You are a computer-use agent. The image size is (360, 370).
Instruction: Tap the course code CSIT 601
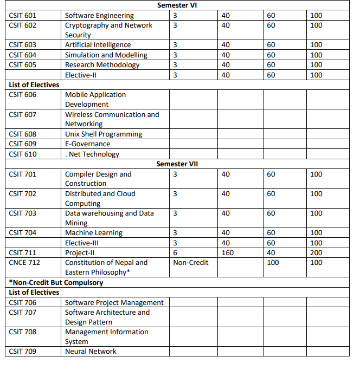[x=23, y=15]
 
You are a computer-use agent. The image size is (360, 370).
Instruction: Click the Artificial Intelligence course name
[x=98, y=45]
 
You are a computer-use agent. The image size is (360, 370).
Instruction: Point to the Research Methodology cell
[x=102, y=65]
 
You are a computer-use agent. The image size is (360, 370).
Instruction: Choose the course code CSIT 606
[x=23, y=95]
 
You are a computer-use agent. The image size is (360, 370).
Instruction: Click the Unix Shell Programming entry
[x=104, y=134]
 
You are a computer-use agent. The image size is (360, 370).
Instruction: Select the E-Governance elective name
[x=87, y=144]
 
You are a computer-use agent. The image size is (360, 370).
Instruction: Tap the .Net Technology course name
[x=92, y=154]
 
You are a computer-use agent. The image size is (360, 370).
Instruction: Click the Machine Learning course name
[x=94, y=233]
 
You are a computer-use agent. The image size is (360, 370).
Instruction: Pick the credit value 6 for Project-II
[x=175, y=253]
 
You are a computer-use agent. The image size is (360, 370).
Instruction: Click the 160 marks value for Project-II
[x=228, y=253]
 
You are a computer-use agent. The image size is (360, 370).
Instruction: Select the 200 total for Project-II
[x=316, y=253]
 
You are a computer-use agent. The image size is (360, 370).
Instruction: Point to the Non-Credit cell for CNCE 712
[x=191, y=263]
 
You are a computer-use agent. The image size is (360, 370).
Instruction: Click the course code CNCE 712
[x=24, y=263]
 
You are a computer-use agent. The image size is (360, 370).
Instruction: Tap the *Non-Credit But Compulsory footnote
[x=56, y=283]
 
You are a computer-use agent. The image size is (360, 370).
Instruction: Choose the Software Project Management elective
[x=114, y=303]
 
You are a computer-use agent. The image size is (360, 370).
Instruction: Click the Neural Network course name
[x=91, y=352]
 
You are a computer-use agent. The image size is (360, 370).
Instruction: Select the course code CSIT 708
[x=23, y=332]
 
